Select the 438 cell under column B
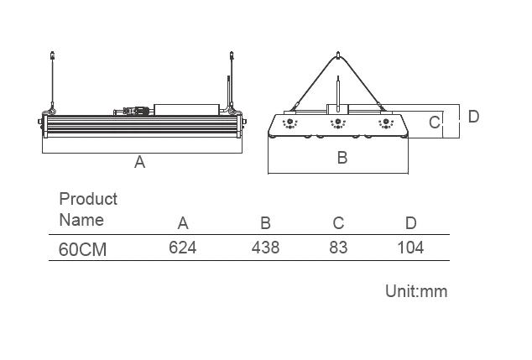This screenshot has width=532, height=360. [265, 248]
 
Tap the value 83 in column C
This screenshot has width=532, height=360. [338, 248]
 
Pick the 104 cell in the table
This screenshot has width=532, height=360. [409, 248]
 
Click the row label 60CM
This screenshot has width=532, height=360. [83, 249]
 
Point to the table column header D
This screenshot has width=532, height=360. [410, 223]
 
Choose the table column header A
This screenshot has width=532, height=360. [183, 223]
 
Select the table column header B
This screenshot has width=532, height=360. [265, 223]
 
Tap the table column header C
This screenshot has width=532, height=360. [338, 223]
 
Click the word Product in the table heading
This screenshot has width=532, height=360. [88, 199]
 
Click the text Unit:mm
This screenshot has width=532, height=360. [416, 292]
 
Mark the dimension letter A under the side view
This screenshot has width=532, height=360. [140, 163]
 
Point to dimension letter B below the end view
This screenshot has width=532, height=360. [342, 157]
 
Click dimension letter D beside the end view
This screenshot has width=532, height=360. [473, 117]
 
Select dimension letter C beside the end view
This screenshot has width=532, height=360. [434, 123]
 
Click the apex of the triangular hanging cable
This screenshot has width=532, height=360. [337, 55]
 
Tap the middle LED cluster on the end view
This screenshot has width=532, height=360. [337, 123]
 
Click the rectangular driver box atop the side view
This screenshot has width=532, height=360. [186, 109]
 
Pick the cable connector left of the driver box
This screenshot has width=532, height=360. [134, 110]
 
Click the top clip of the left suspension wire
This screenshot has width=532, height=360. [53, 56]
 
